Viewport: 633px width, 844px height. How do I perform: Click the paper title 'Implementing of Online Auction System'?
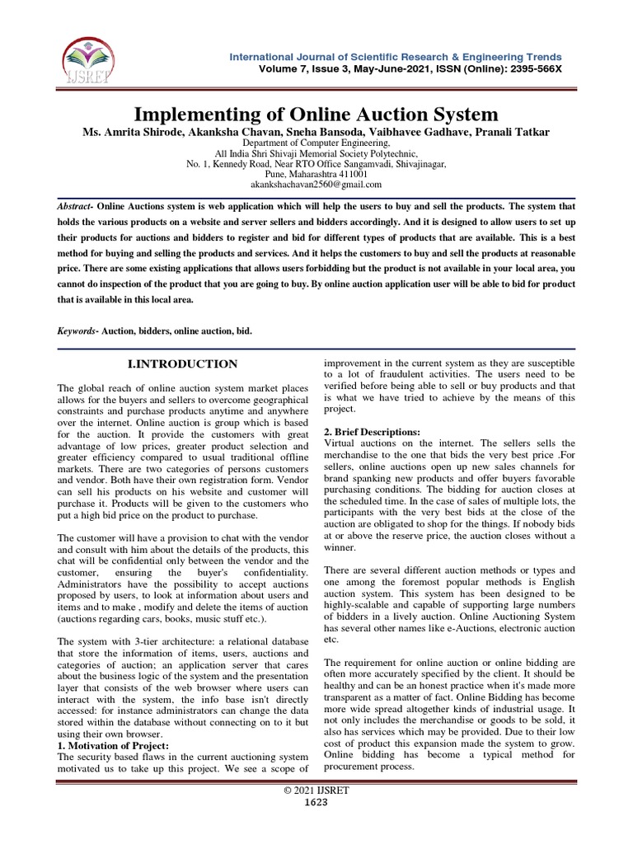316,114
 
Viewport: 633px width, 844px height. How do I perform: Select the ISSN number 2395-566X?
531,68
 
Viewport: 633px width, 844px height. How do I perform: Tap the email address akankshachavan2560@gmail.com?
316,185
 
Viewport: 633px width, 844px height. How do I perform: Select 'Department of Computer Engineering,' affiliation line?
316,143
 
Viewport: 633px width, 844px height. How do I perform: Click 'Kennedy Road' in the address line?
231,164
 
